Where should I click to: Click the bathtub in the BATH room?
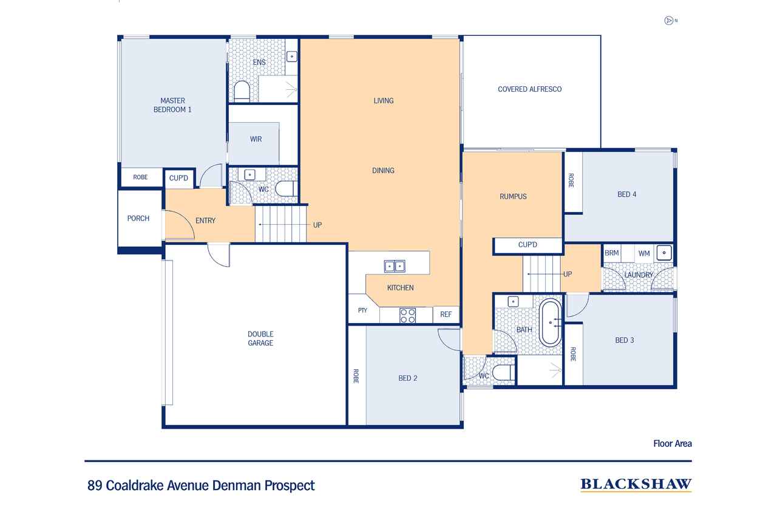coord(550,322)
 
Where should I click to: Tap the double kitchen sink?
coord(395,266)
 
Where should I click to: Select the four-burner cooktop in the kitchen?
coord(407,316)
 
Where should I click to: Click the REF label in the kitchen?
coord(446,315)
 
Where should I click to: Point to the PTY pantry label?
coord(362,310)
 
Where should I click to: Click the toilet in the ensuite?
coord(242,92)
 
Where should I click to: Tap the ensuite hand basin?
coord(292,56)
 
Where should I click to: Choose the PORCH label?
coord(138,218)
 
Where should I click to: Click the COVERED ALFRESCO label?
coord(530,89)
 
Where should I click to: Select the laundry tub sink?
coord(664,253)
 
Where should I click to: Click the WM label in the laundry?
coord(644,253)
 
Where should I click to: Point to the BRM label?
coord(611,253)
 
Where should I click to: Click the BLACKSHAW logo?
coord(636,485)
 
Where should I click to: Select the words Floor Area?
coord(673,443)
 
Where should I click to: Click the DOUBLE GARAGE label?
coord(260,338)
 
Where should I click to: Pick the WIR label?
coord(256,139)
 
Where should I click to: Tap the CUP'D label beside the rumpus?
coord(528,245)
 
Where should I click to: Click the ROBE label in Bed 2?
coord(356,376)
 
